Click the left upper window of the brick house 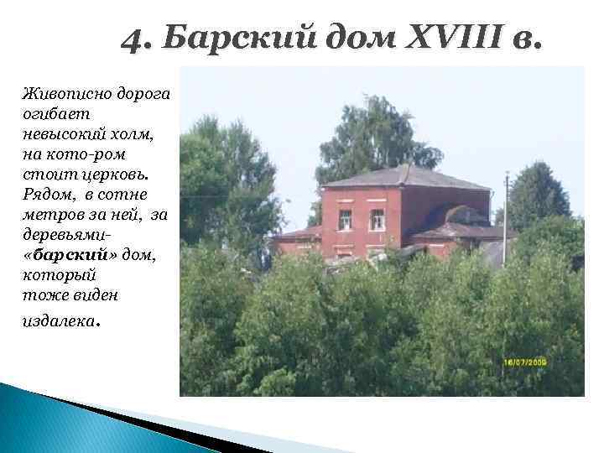click(345, 220)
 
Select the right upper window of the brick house click(377, 220)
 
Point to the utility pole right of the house click(505, 218)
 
